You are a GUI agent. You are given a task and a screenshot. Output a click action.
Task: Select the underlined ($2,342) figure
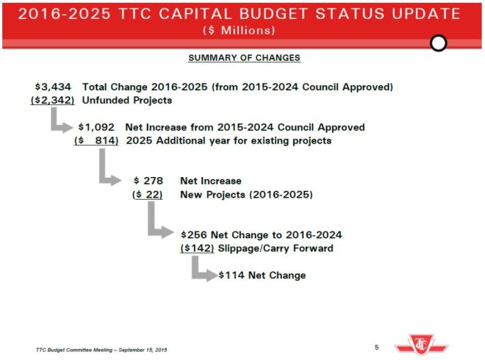pyautogui.click(x=52, y=100)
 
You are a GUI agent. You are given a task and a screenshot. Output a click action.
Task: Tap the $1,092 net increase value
pyautogui.click(x=98, y=127)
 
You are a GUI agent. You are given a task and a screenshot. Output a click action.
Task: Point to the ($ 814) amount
pyautogui.click(x=96, y=140)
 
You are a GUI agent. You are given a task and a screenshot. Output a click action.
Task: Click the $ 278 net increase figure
pyautogui.click(x=148, y=181)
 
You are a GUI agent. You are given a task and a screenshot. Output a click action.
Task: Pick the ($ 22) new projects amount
pyautogui.click(x=147, y=194)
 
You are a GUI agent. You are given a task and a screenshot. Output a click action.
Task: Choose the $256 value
pyautogui.click(x=195, y=234)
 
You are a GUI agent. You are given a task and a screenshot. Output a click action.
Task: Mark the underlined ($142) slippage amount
pyautogui.click(x=197, y=248)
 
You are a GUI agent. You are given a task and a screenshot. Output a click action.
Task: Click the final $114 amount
pyautogui.click(x=231, y=276)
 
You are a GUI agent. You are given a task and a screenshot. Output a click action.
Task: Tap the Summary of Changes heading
pyautogui.click(x=244, y=58)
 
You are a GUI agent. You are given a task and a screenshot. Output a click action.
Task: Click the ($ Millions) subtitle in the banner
pyautogui.click(x=240, y=31)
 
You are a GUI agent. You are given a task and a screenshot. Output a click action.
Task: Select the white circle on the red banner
pyautogui.click(x=439, y=43)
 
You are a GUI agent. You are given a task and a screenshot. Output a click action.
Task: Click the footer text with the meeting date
pyautogui.click(x=101, y=349)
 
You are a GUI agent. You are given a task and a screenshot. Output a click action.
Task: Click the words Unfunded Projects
pyautogui.click(x=126, y=100)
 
